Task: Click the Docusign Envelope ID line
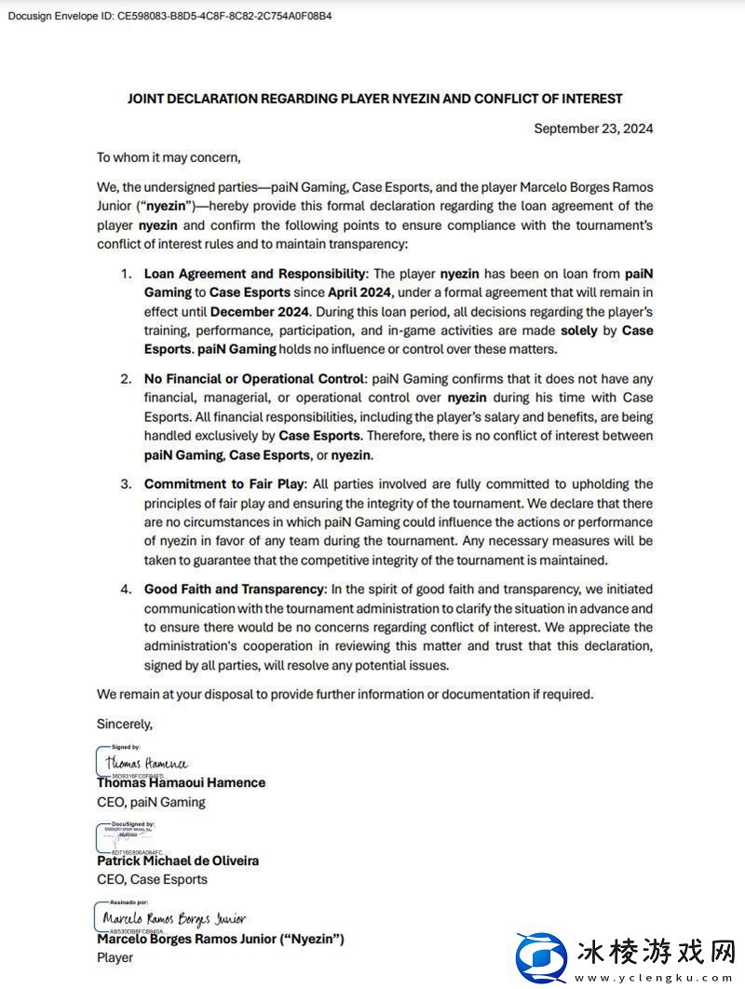(x=169, y=16)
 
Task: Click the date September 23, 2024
(x=593, y=129)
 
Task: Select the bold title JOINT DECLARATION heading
(x=374, y=99)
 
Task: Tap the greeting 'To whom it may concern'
(x=169, y=157)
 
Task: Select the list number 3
(x=126, y=484)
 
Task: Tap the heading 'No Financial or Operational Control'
(x=253, y=379)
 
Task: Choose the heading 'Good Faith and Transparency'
(x=234, y=589)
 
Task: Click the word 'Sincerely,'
(x=125, y=723)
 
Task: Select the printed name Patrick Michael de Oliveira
(x=178, y=860)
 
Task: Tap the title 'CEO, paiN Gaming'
(x=151, y=802)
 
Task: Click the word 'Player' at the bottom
(x=115, y=957)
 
